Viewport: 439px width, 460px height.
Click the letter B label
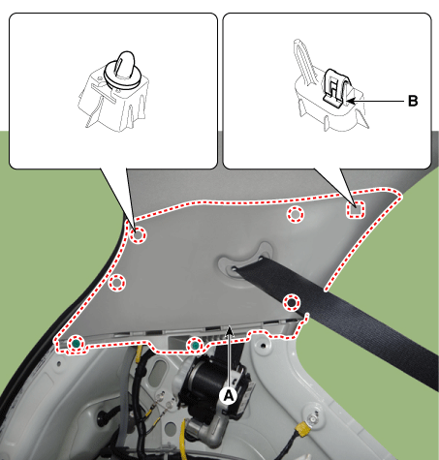tap(413, 101)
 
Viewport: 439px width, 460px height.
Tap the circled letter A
tap(229, 395)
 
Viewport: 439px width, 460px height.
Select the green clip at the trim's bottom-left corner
tap(76, 344)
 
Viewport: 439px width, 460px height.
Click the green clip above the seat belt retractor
tap(195, 346)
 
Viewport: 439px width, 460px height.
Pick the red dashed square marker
tap(356, 209)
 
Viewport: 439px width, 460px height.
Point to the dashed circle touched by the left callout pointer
tap(139, 234)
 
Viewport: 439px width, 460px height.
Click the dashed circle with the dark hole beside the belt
tap(292, 303)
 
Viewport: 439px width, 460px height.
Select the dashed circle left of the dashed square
tap(296, 214)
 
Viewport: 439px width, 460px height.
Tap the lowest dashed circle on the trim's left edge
tap(116, 283)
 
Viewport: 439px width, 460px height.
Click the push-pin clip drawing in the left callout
tap(113, 91)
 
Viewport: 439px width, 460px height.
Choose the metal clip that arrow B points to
tap(336, 88)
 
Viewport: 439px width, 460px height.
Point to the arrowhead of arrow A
tap(229, 329)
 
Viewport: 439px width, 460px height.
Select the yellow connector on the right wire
tap(303, 428)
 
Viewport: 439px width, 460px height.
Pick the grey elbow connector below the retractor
tap(204, 429)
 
